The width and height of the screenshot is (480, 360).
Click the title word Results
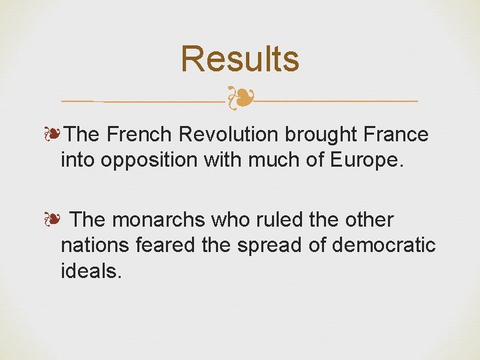240,59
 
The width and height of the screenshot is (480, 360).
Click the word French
141,135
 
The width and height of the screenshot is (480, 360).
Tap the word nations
95,246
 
